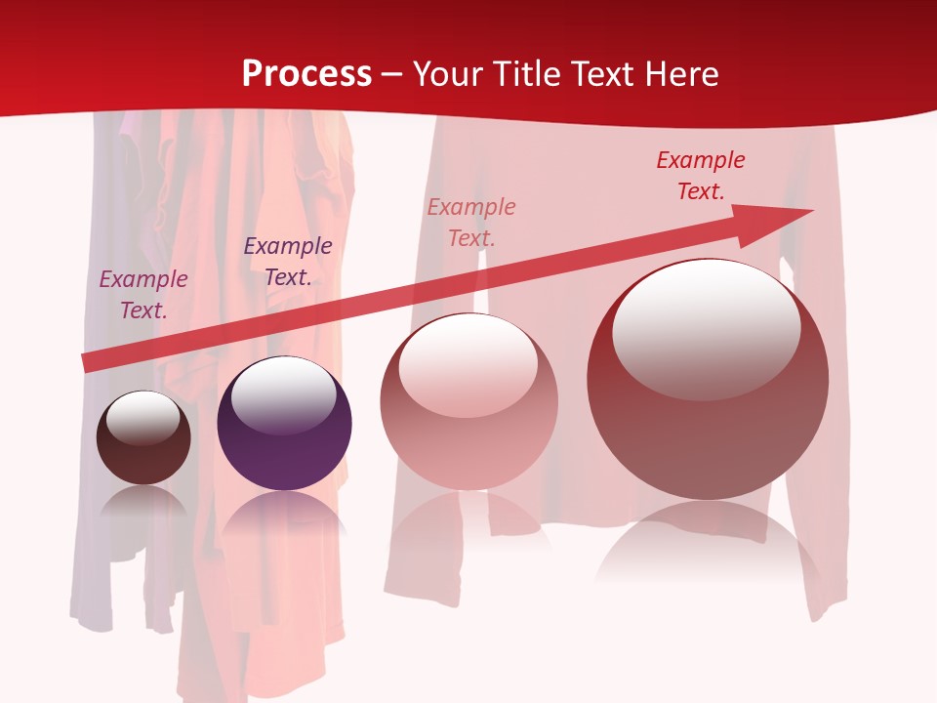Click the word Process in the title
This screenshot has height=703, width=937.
coord(306,74)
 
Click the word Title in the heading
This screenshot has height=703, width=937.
coord(527,74)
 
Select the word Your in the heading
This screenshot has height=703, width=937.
coord(450,74)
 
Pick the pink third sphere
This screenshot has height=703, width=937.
coord(468,439)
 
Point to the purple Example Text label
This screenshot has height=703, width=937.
coord(288,262)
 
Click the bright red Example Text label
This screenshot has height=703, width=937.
coord(701,176)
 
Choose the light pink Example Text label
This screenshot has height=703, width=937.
coord(471,222)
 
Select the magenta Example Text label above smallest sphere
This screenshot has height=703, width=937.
coord(143,294)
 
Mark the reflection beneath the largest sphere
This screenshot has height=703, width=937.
coord(708,542)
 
